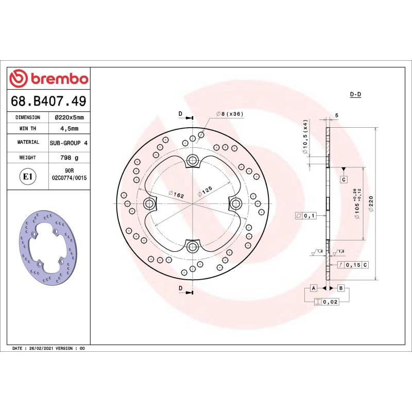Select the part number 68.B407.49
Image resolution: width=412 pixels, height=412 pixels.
[49, 100]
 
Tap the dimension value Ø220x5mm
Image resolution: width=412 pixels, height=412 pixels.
[70, 117]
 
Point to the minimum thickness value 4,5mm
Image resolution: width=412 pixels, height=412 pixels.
[70, 129]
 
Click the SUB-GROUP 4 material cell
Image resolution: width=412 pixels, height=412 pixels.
[70, 142]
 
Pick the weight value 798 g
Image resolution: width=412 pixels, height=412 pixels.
[70, 158]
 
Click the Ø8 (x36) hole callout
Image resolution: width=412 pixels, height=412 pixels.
[230, 113]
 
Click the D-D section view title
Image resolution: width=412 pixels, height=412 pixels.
[355, 95]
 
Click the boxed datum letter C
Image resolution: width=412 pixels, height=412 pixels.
[343, 179]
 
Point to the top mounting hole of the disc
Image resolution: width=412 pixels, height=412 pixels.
[193, 160]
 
